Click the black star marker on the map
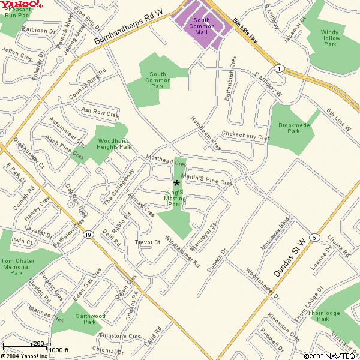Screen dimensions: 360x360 (x=176, y=183)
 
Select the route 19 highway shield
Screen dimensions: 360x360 (x=88, y=235)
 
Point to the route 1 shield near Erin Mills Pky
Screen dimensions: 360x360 (x=279, y=69)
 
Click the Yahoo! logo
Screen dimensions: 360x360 (x=22, y=5)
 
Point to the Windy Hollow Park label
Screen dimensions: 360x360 (x=330, y=38)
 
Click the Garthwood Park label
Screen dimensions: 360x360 (x=90, y=319)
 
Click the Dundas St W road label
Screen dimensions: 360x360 (x=290, y=250)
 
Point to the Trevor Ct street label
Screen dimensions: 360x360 (x=148, y=242)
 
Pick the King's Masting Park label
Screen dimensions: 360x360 (x=175, y=198)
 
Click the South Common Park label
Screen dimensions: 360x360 (x=158, y=80)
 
